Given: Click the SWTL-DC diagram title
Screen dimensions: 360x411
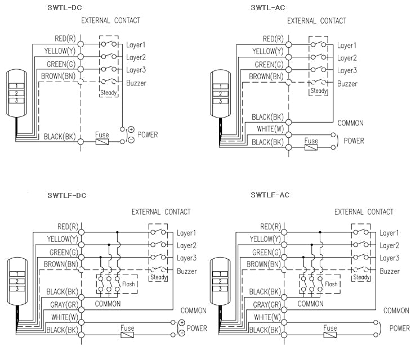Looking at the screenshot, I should [64, 8].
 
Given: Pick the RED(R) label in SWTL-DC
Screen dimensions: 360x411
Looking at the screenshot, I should [66, 39].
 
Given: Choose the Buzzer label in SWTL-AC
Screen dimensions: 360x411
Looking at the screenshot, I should [347, 83].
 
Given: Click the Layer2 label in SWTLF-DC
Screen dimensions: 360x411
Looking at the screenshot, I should [186, 245].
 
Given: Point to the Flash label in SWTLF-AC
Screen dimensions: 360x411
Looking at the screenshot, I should [331, 284].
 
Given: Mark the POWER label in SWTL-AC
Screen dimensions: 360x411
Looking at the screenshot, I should [354, 141].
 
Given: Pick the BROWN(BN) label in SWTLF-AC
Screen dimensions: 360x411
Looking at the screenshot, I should [265, 264].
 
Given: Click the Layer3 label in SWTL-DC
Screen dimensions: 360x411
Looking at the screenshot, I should [136, 70].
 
